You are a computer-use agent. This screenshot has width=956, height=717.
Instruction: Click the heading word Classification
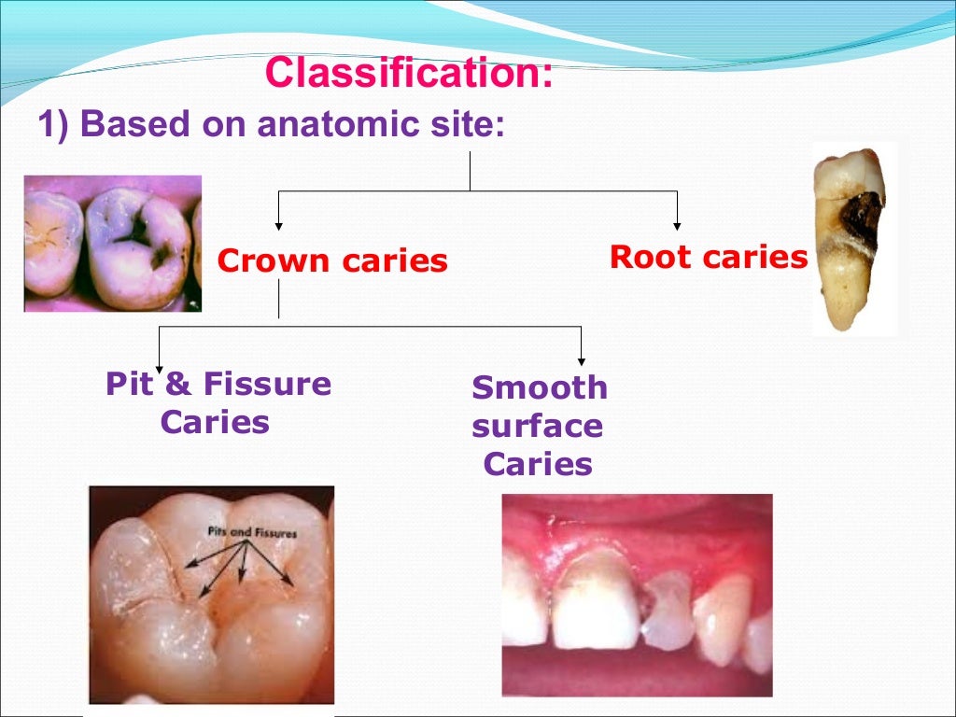(x=407, y=74)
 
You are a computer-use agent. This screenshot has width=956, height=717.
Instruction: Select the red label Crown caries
(x=332, y=260)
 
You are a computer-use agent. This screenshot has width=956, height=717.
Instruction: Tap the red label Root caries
(x=708, y=257)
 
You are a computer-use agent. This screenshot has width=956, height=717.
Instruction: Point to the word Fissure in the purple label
(x=267, y=384)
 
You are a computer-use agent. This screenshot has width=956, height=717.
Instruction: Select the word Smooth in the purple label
(x=540, y=387)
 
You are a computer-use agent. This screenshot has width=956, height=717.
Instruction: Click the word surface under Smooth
(x=537, y=426)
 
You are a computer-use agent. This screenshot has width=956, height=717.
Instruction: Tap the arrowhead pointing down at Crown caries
(x=278, y=225)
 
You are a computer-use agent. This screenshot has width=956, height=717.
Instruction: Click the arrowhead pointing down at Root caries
(x=677, y=225)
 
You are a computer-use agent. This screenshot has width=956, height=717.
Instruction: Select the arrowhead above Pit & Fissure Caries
(x=160, y=367)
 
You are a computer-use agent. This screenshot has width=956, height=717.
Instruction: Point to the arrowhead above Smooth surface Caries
(x=582, y=359)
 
